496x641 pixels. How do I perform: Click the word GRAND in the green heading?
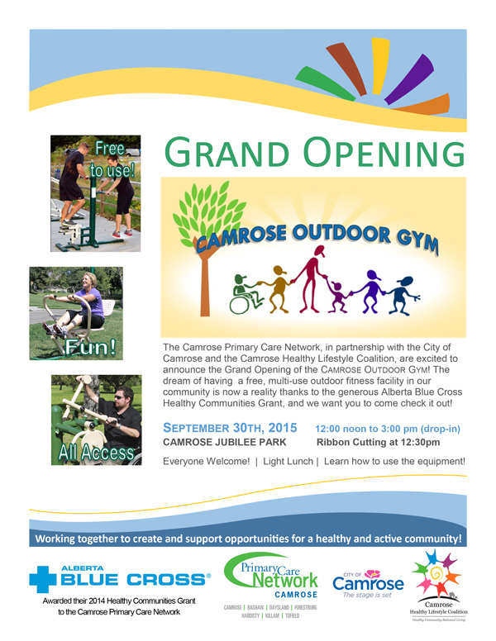tap(227, 152)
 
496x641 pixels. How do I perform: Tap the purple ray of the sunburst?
tap(409, 78)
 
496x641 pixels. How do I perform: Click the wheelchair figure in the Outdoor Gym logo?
tap(246, 294)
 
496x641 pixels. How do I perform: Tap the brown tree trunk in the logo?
tap(205, 282)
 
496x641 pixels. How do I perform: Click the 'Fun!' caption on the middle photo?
tap(90, 347)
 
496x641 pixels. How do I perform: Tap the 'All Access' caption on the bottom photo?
tap(96, 453)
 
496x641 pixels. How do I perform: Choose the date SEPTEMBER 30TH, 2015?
tap(230, 428)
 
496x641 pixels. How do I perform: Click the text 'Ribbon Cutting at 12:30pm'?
tap(378, 442)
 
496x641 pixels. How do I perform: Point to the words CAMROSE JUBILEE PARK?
tap(225, 442)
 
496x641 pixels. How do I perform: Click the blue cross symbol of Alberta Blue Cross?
tap(42, 579)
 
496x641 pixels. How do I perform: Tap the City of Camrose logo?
tap(368, 584)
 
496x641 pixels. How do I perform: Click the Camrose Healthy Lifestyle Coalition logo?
tap(438, 586)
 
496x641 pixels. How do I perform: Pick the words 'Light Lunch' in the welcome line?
tap(288, 461)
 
